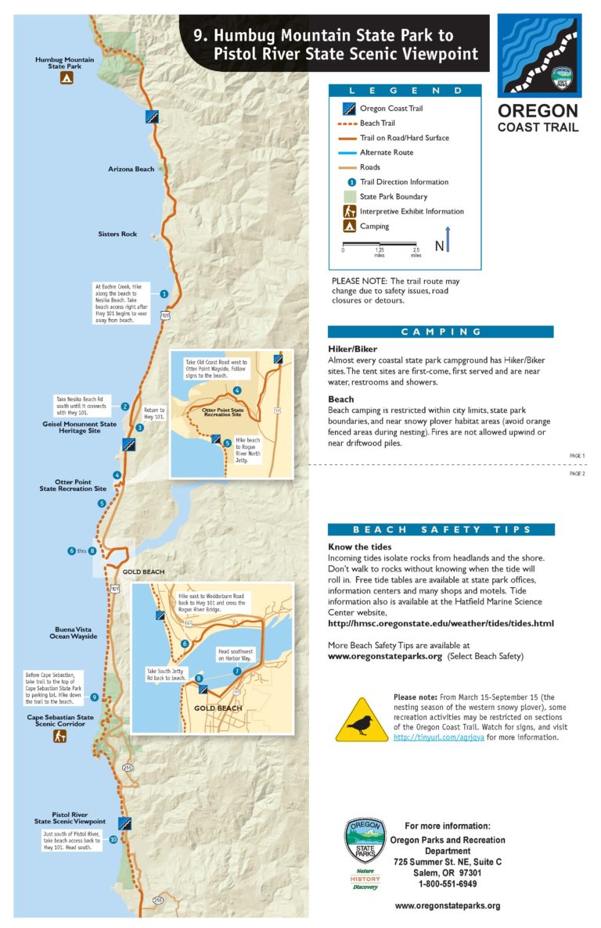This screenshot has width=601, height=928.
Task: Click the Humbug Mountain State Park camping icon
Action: click(67, 78)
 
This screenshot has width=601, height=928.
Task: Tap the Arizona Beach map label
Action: click(131, 169)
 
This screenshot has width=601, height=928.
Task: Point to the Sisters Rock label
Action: click(117, 234)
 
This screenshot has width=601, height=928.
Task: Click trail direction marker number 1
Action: click(164, 294)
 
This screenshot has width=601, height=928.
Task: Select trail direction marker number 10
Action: click(113, 840)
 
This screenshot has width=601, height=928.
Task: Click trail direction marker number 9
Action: click(94, 697)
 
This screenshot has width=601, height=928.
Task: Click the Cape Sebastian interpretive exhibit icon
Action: click(59, 736)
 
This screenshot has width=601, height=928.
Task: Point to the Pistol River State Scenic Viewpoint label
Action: click(69, 818)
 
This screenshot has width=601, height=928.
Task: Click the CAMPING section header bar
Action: click(441, 331)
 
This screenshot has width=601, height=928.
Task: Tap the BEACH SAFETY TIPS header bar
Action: click(441, 529)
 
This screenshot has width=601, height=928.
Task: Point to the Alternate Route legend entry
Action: click(387, 152)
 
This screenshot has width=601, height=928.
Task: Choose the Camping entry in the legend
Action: click(374, 226)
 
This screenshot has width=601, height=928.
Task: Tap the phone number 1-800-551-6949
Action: click(447, 883)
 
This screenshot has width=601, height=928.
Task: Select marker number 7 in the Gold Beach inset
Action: click(236, 671)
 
